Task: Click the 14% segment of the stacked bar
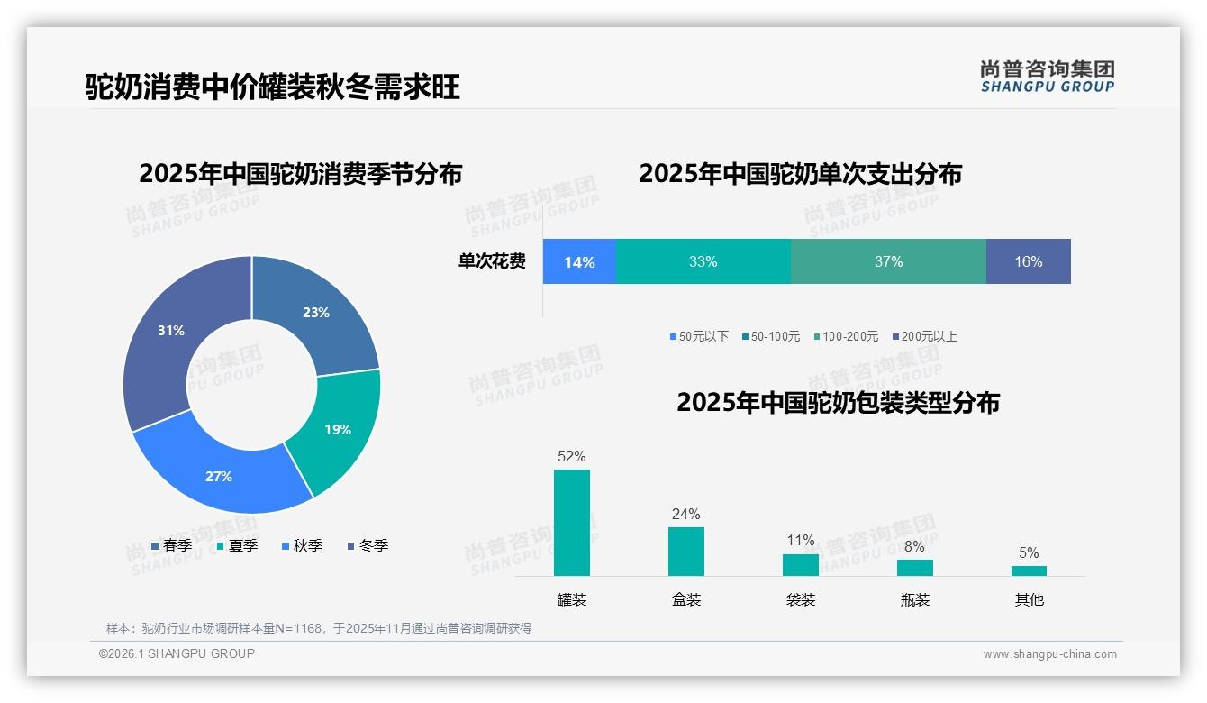579,261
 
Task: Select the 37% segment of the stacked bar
888,261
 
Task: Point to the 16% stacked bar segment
1028,261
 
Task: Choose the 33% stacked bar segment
703,261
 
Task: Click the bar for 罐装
572,523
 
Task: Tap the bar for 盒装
685,552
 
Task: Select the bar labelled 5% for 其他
1029,571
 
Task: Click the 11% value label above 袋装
800,540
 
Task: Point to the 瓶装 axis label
914,599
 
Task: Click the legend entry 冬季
367,545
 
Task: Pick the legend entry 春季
171,545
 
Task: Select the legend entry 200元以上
924,336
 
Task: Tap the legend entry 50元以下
699,336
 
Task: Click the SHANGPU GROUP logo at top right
1047,76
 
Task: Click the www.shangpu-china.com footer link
1049,653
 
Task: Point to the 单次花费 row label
492,261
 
